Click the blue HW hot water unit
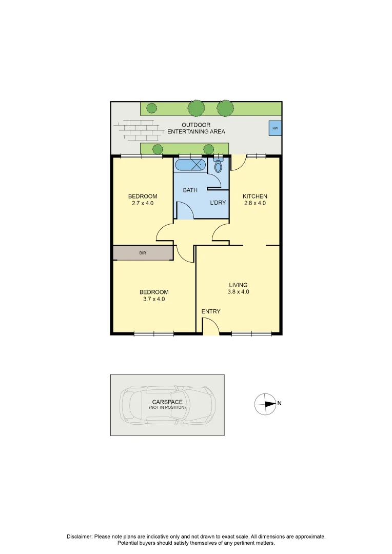click(275, 128)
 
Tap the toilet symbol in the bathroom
click(218, 166)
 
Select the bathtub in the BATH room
click(190, 165)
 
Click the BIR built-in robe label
click(143, 253)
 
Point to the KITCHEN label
click(255, 196)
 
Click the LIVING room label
click(238, 285)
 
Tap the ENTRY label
click(211, 311)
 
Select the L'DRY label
click(218, 203)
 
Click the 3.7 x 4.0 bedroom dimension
click(154, 299)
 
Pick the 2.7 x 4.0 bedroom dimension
click(143, 203)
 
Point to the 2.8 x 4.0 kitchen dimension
click(255, 203)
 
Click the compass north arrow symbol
click(265, 404)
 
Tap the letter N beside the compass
click(279, 403)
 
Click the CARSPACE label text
click(167, 402)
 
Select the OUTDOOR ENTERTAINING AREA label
click(196, 128)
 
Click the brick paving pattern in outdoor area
click(136, 130)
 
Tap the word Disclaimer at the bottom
click(80, 537)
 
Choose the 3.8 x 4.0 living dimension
click(238, 292)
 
